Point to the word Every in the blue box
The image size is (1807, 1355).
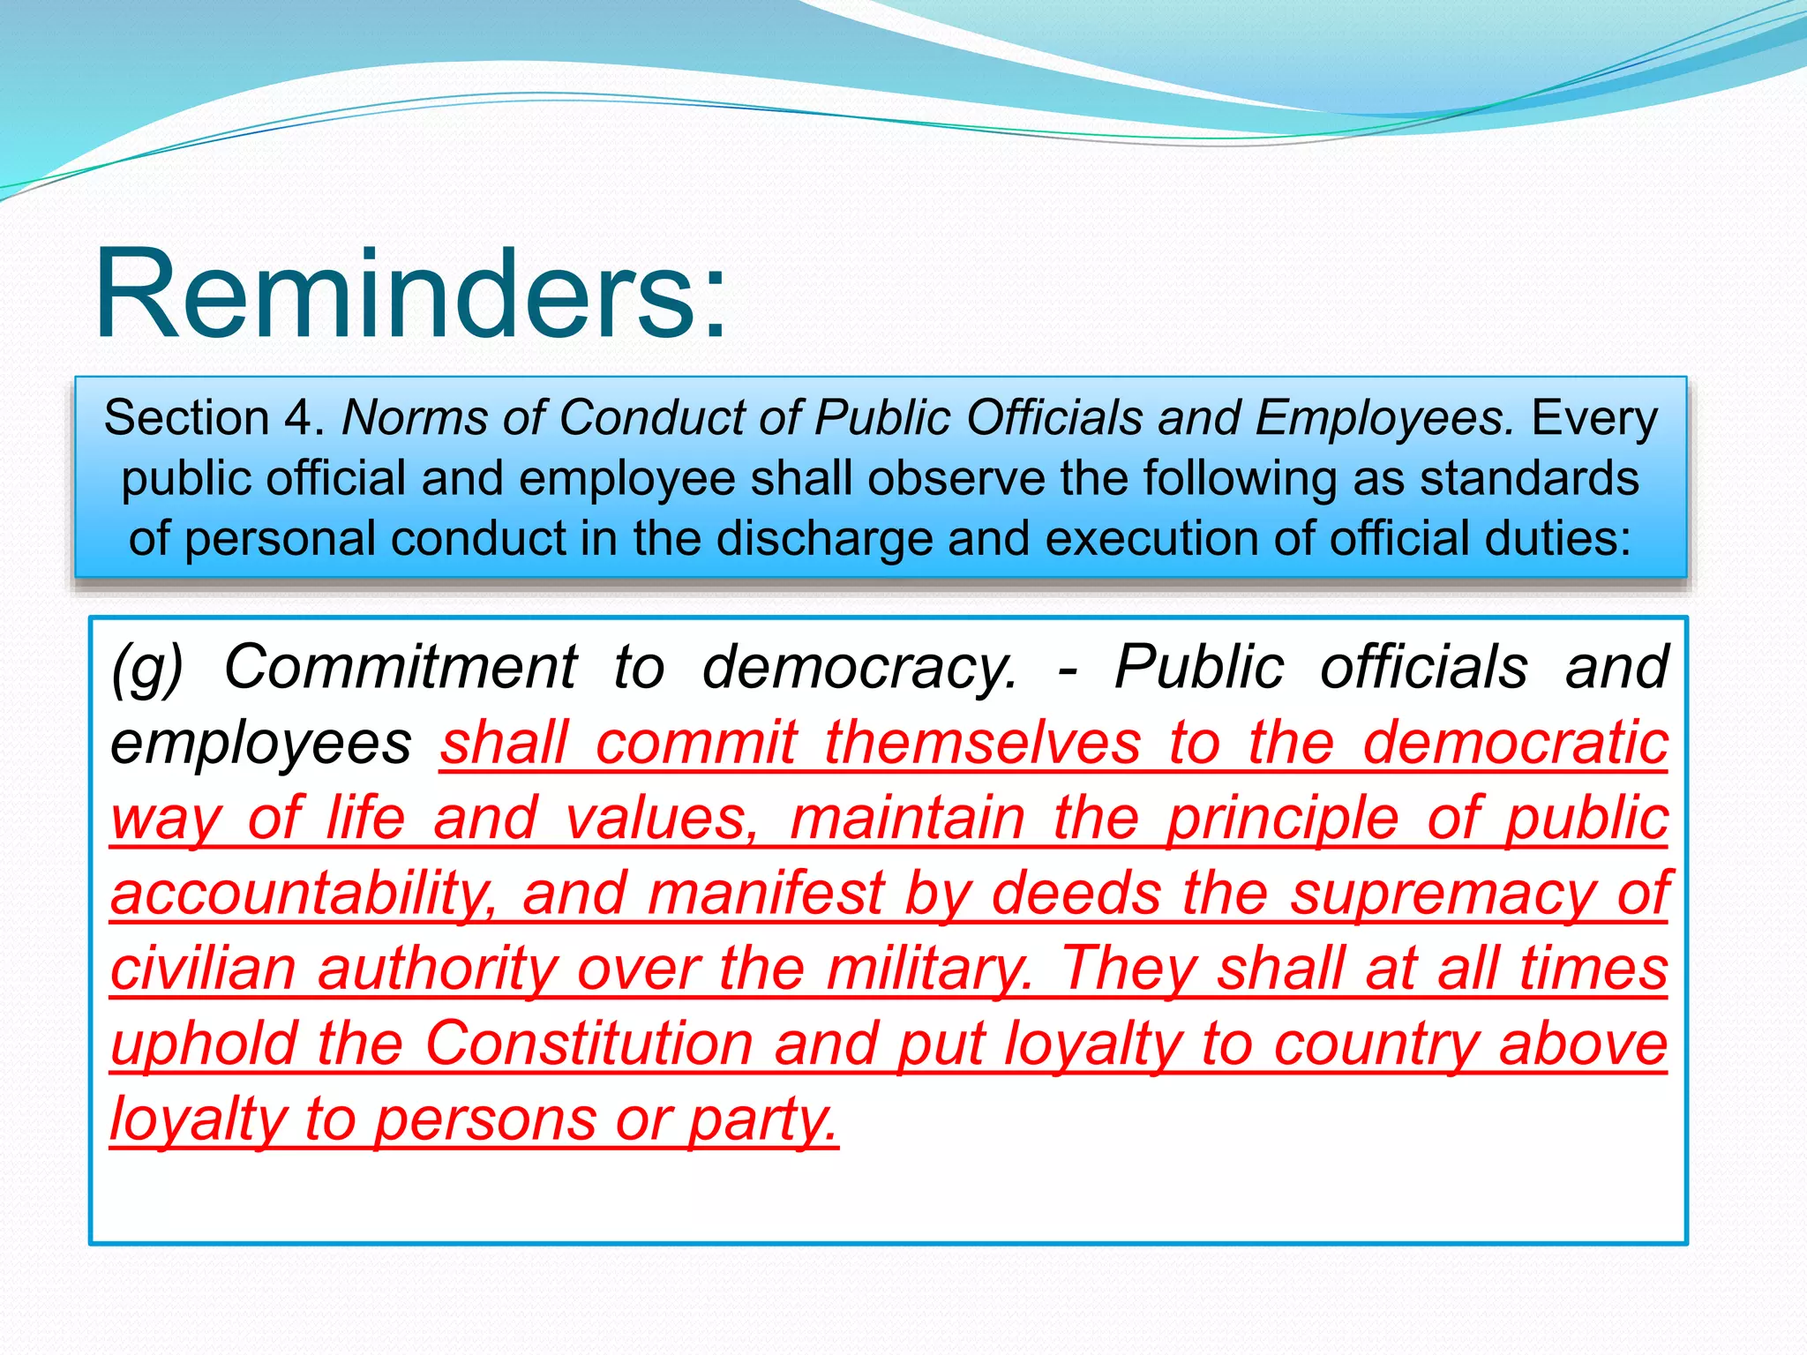click(1594, 417)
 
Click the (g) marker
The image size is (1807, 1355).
click(146, 668)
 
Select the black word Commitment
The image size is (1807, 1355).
click(401, 666)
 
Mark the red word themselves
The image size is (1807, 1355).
click(982, 742)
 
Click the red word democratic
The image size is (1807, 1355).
click(1515, 742)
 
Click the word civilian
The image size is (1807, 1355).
click(203, 969)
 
